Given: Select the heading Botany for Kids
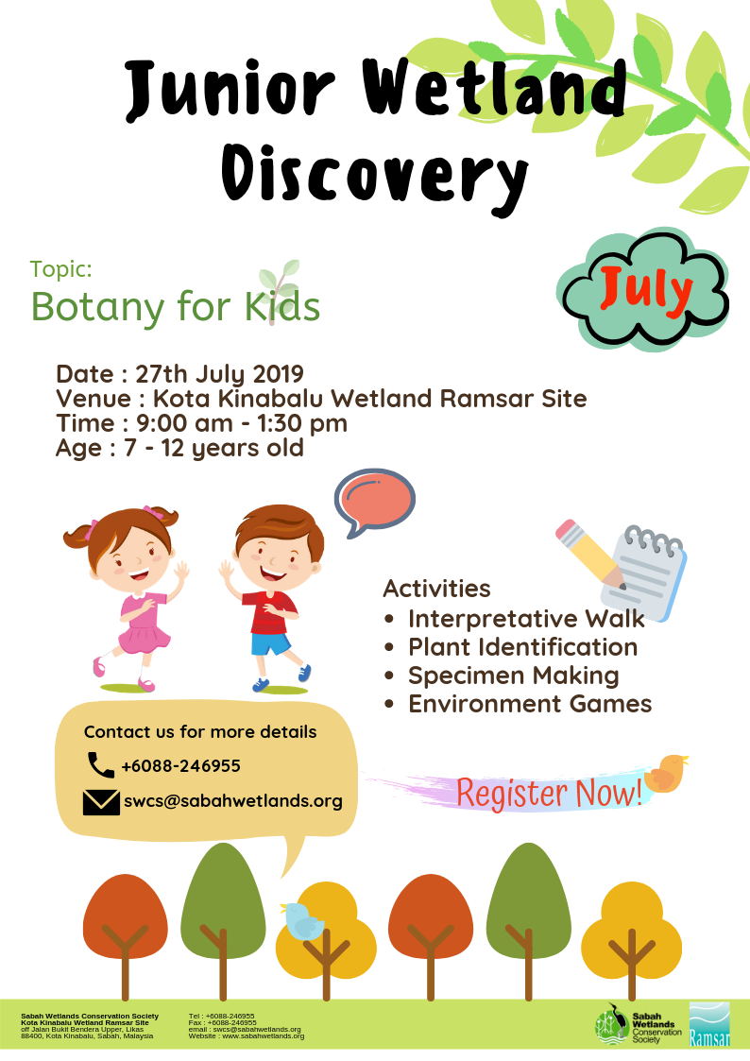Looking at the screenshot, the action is point(175,306).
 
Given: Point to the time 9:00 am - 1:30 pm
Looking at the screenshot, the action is point(242,423).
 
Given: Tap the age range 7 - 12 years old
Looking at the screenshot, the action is point(213,448).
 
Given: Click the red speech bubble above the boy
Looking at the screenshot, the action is point(375,502).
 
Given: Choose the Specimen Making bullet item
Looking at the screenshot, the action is point(513,676).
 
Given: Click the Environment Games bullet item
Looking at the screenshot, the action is point(530,704).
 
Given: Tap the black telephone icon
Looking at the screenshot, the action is point(101,765).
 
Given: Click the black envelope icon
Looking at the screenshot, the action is point(101,802).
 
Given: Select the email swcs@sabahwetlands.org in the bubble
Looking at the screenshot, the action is point(232,801).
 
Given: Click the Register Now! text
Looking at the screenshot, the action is point(549,793).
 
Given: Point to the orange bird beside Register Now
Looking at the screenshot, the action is point(665,773).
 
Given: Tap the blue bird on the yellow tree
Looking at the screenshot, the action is point(302,920).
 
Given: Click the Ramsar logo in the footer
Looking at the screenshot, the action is point(709,1024).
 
